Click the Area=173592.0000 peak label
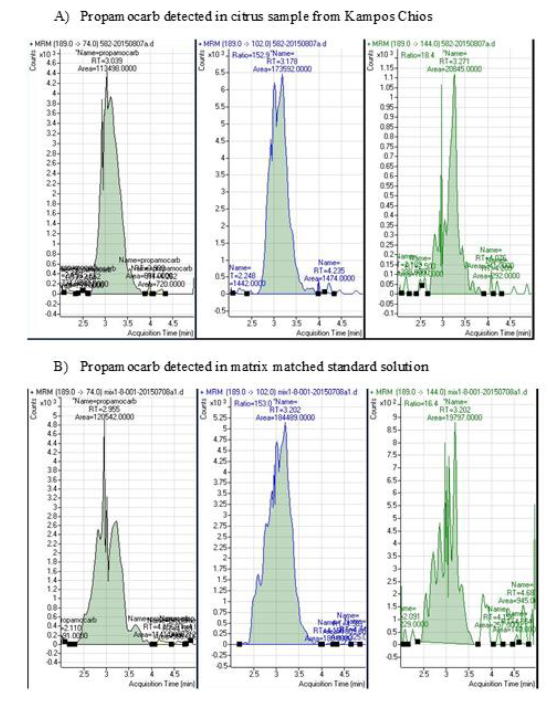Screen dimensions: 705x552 pos(282,69)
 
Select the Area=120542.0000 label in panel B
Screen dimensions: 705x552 pos(104,417)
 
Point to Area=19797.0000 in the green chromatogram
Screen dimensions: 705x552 pos(454,418)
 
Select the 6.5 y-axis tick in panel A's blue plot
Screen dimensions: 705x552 pos(222,72)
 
